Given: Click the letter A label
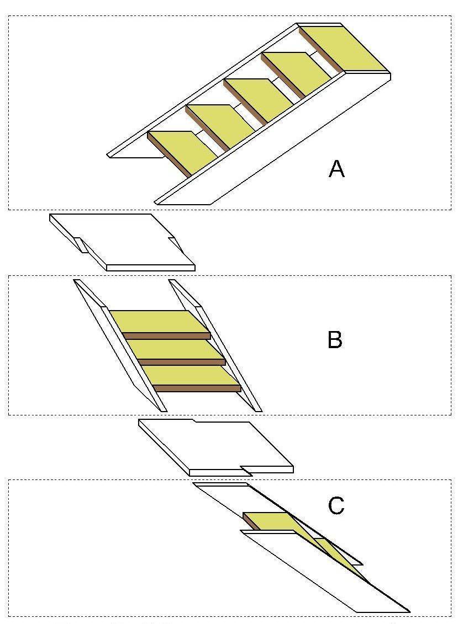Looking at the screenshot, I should pos(336,168).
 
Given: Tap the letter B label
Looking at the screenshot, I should pos(335,339).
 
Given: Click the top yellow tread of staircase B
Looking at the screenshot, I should pos(157,321).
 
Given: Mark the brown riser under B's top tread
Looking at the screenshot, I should pos(166,335).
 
